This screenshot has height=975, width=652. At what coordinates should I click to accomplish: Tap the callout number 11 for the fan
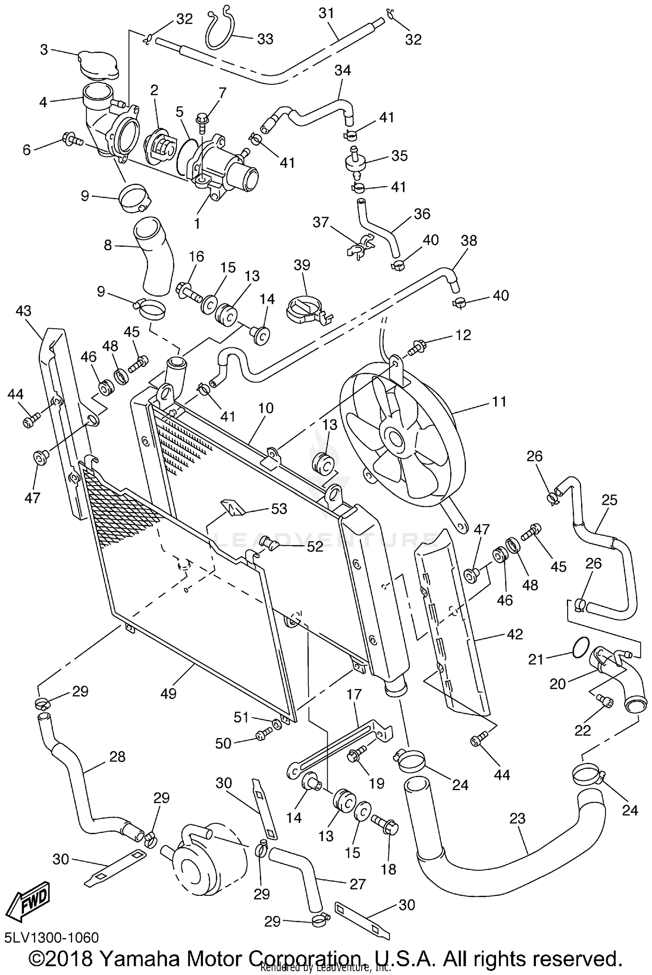pyautogui.click(x=499, y=401)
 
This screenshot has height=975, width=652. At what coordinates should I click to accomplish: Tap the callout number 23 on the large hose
pyautogui.click(x=517, y=819)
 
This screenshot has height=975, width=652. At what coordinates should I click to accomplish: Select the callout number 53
pyautogui.click(x=279, y=509)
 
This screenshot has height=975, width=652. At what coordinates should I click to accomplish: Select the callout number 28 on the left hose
pyautogui.click(x=117, y=757)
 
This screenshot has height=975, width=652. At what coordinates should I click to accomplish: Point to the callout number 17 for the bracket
pyautogui.click(x=354, y=694)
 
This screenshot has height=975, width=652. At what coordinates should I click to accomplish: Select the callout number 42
pyautogui.click(x=514, y=634)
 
